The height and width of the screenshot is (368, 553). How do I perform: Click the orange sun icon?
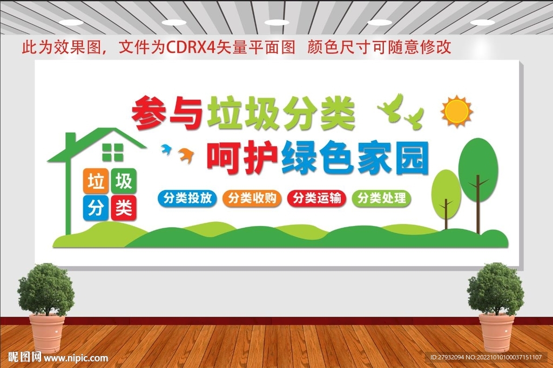(x=457, y=111)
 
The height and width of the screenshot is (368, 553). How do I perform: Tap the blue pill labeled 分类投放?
(x=187, y=198)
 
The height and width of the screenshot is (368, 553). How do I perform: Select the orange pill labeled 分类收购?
(x=252, y=198)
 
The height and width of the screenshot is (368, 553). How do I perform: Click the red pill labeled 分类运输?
(x=316, y=198)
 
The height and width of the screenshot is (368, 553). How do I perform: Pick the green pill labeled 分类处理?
(x=382, y=198)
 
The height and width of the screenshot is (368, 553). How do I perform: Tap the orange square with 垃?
(x=96, y=181)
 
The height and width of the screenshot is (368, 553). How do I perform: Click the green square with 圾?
(x=124, y=181)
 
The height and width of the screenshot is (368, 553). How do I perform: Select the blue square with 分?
(x=96, y=208)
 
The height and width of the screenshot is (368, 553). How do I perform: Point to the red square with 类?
(x=124, y=208)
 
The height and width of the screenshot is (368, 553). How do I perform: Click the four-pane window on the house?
(x=113, y=152)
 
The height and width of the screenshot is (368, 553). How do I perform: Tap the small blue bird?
(x=166, y=149)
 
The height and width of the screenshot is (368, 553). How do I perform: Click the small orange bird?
(x=186, y=155)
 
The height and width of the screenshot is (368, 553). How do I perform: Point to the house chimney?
(x=71, y=140)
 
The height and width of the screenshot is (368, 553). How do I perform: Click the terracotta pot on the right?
(x=496, y=333)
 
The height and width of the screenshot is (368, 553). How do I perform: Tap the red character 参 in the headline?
(x=149, y=113)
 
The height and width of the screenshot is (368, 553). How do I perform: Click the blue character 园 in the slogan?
(x=412, y=158)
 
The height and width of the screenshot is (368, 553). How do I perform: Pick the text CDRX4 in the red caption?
(x=191, y=47)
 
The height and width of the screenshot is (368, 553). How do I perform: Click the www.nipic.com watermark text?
(x=76, y=358)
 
